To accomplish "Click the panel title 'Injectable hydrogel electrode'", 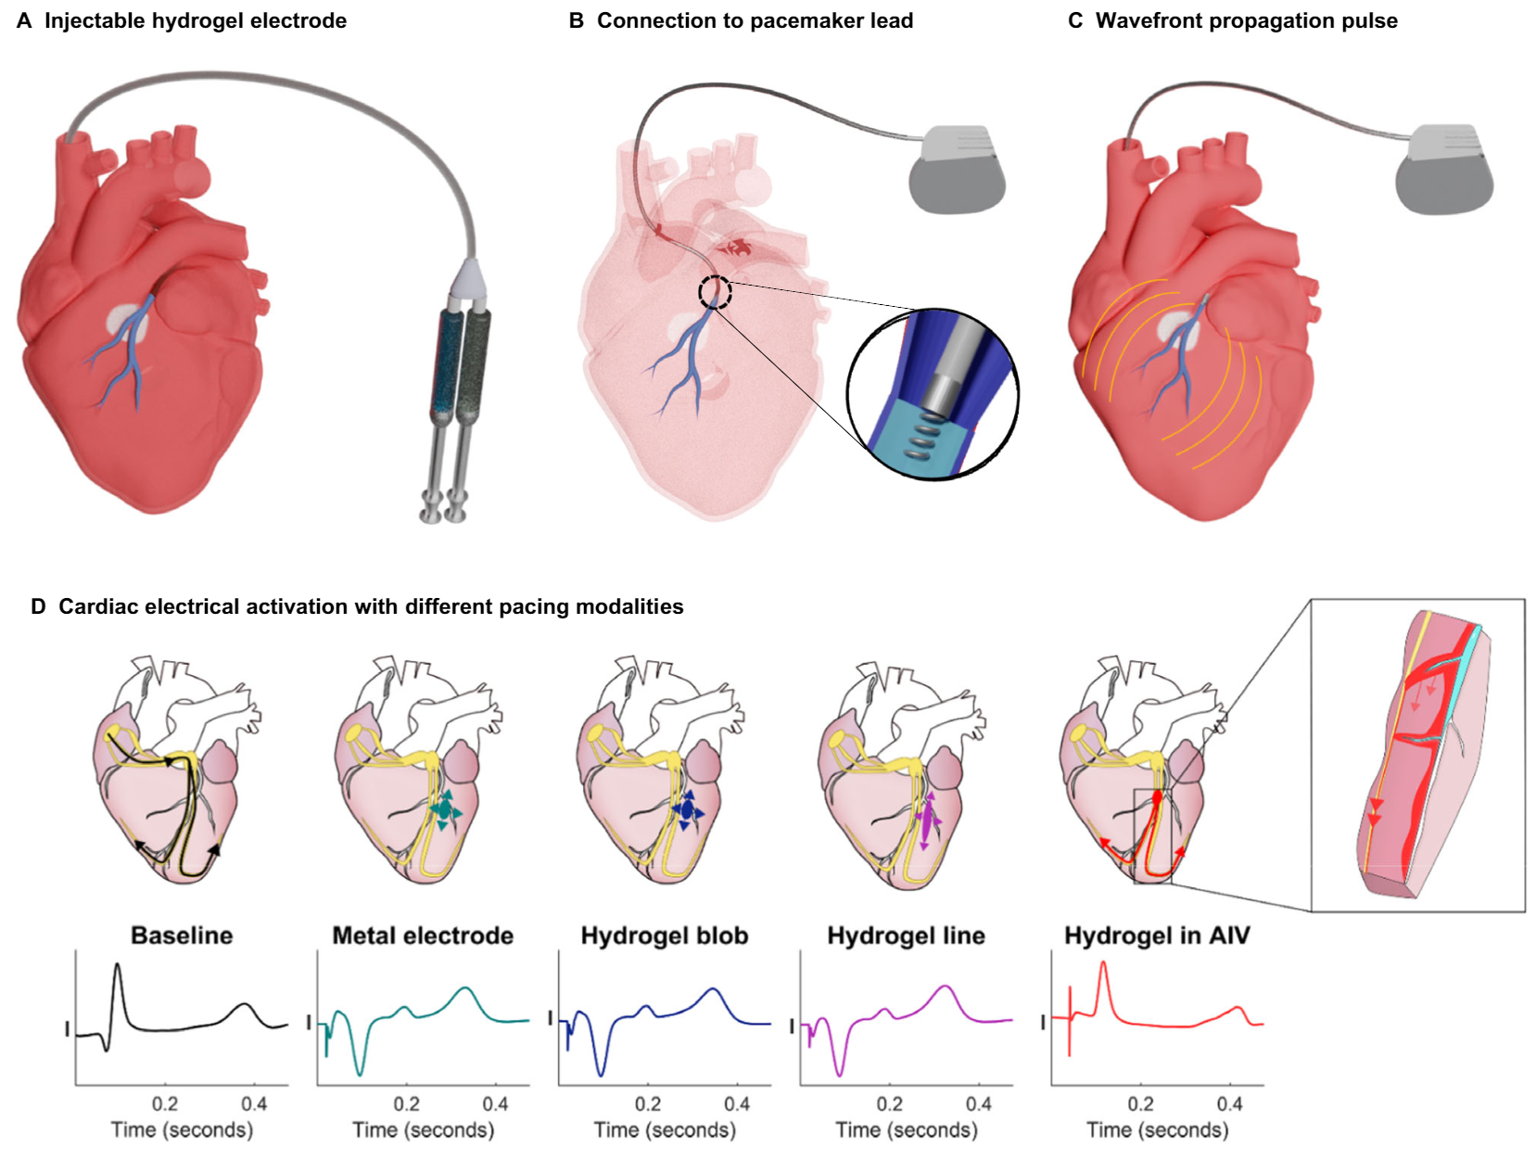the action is coord(196,21).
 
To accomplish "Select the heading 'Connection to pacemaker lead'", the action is coord(755,21).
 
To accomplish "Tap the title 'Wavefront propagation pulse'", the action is coord(1246,21).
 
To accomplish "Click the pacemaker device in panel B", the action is coord(957,170).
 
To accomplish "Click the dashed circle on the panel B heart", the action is coord(715,291).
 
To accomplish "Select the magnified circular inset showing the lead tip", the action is coord(933,394).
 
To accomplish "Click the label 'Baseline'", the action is coord(182,935).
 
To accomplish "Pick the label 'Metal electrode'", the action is coord(423,935).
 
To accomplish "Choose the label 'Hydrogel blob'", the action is coord(664,935).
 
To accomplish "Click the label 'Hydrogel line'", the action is coord(906,935).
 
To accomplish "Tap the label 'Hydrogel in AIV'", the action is coord(1157,935).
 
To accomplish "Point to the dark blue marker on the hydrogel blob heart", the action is coord(687,810).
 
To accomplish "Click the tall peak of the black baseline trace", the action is coord(118,965).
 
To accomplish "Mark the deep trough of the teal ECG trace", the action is coord(360,1073).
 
